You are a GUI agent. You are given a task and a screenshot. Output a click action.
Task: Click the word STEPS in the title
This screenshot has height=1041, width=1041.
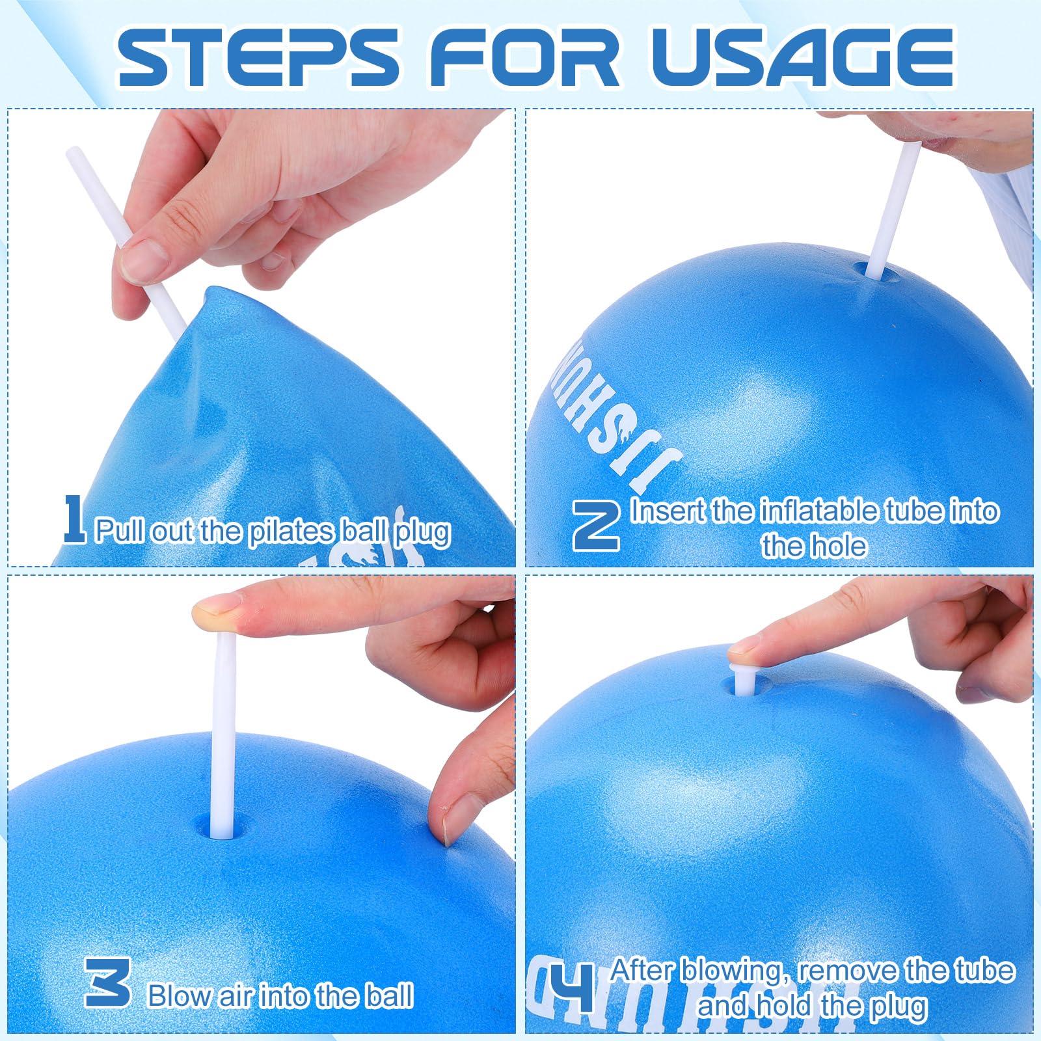point(258,57)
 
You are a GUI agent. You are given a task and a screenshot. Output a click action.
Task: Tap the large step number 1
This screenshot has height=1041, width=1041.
point(74,519)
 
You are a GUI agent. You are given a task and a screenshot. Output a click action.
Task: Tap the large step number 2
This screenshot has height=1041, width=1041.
point(595,527)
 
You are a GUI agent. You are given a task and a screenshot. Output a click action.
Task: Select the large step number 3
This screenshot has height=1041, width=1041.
point(108,982)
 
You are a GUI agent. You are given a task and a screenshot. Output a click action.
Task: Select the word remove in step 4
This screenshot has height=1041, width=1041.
point(848,971)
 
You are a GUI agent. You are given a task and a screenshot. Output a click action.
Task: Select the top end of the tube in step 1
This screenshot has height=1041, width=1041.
point(74,151)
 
